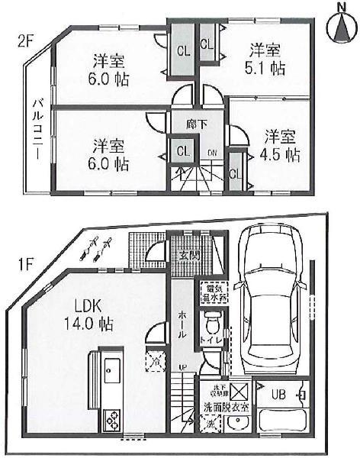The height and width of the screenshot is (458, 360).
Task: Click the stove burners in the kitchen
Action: point(111,419)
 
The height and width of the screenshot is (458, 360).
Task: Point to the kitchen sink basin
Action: point(111,374)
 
